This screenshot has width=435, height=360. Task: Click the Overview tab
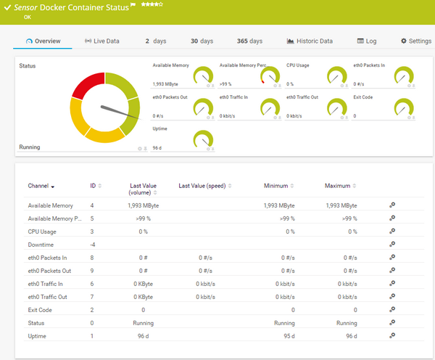(x=43, y=41)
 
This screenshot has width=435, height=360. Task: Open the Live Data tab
(x=102, y=41)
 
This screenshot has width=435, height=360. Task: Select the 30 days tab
(x=202, y=41)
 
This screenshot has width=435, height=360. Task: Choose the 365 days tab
(x=249, y=41)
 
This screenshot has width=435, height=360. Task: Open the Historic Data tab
(x=310, y=41)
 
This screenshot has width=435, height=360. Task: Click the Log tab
(x=367, y=41)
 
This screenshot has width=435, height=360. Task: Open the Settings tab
(x=415, y=41)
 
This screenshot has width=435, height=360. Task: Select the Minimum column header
(x=276, y=187)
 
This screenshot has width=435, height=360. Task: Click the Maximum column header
(x=339, y=187)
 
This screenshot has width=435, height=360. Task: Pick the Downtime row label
(x=41, y=245)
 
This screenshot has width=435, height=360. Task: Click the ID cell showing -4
(x=92, y=245)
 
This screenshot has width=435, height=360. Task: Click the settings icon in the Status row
(x=392, y=322)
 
